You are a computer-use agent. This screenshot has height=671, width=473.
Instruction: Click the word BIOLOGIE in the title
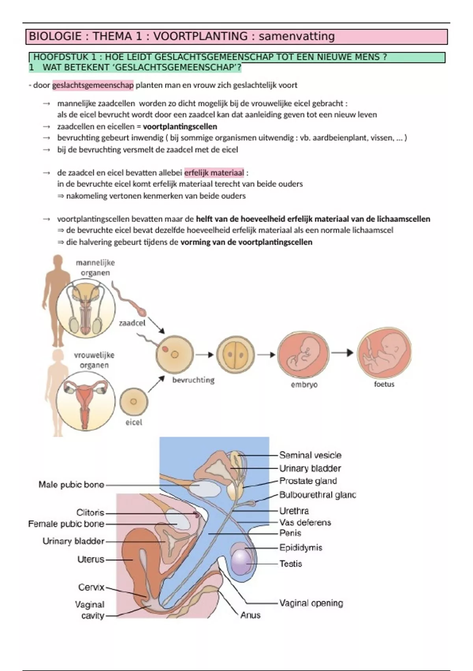[55, 36]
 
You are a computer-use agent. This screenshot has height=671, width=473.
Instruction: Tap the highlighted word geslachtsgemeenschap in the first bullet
[93, 85]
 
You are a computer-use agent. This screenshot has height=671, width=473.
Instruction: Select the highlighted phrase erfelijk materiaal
[214, 173]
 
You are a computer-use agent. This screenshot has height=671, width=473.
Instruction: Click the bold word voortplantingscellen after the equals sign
[180, 127]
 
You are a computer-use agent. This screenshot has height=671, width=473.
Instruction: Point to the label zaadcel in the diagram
[132, 323]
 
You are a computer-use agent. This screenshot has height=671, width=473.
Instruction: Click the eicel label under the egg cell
[134, 422]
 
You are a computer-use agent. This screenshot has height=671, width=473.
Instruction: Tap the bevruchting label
[193, 380]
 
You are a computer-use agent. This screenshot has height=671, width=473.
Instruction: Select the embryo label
[304, 384]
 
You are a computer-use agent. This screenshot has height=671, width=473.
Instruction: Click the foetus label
[384, 384]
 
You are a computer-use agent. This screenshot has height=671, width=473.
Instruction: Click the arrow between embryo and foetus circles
[342, 352]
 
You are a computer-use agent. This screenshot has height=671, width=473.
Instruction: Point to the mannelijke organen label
[95, 268]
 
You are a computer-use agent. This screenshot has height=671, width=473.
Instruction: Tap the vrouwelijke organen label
[94, 360]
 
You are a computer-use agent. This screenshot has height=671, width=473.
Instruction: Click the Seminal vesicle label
[310, 455]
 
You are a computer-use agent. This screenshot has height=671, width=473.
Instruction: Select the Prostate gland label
[308, 481]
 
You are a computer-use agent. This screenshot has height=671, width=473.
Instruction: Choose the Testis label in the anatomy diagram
[291, 564]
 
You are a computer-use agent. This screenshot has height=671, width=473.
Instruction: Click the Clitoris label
[90, 512]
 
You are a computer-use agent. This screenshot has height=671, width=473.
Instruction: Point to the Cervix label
[91, 587]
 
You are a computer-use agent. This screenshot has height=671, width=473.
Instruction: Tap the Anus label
[250, 615]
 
